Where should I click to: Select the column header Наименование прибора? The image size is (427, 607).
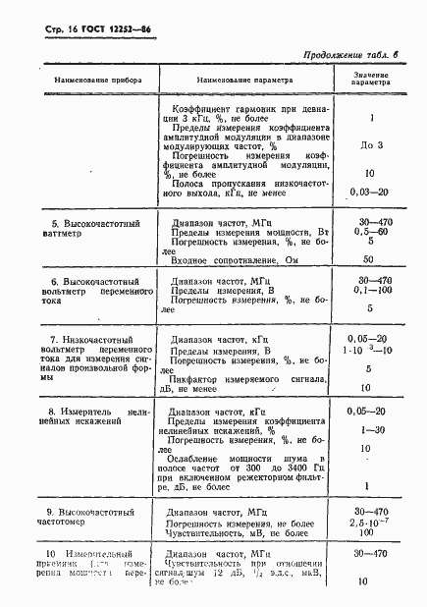point(77,77)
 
